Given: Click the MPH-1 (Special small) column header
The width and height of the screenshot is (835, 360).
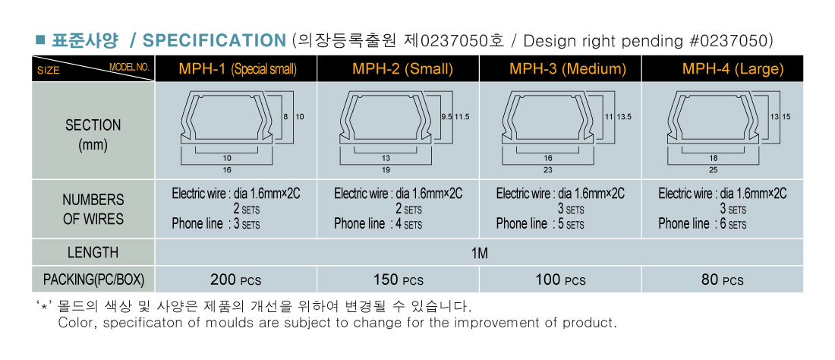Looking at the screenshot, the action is pyautogui.click(x=238, y=68).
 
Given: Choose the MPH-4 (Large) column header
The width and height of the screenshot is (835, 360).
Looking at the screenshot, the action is pyautogui.click(x=733, y=68).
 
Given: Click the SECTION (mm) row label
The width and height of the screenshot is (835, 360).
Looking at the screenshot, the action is pyautogui.click(x=93, y=135).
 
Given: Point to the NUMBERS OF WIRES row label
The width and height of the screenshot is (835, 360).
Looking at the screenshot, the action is pyautogui.click(x=93, y=210).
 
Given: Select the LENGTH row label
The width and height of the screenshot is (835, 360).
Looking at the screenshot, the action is pyautogui.click(x=93, y=252).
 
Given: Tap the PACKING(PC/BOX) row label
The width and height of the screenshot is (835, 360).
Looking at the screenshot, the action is pyautogui.click(x=93, y=279).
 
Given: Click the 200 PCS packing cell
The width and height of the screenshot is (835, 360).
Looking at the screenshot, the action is pyautogui.click(x=236, y=279).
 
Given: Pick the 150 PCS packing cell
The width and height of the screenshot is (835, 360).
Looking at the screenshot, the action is pyautogui.click(x=399, y=279).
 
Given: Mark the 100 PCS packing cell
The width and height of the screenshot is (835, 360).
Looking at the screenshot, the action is pyautogui.click(x=560, y=279).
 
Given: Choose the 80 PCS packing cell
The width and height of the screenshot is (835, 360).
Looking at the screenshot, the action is pyautogui.click(x=723, y=279).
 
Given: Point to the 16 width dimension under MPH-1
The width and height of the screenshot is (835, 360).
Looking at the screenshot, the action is pyautogui.click(x=228, y=170).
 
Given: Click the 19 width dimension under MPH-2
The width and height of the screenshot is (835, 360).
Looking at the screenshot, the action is pyautogui.click(x=386, y=170).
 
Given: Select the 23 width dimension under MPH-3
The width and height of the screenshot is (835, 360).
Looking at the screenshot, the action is pyautogui.click(x=548, y=170).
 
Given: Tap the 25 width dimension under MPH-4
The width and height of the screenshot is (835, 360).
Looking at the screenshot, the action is pyautogui.click(x=714, y=170).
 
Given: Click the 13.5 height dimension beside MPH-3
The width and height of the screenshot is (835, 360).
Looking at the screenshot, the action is pyautogui.click(x=624, y=117).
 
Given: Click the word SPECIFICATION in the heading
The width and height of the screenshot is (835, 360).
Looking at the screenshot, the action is pyautogui.click(x=215, y=40).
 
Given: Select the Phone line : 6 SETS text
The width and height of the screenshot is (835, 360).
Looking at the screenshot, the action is pyautogui.click(x=702, y=224).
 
